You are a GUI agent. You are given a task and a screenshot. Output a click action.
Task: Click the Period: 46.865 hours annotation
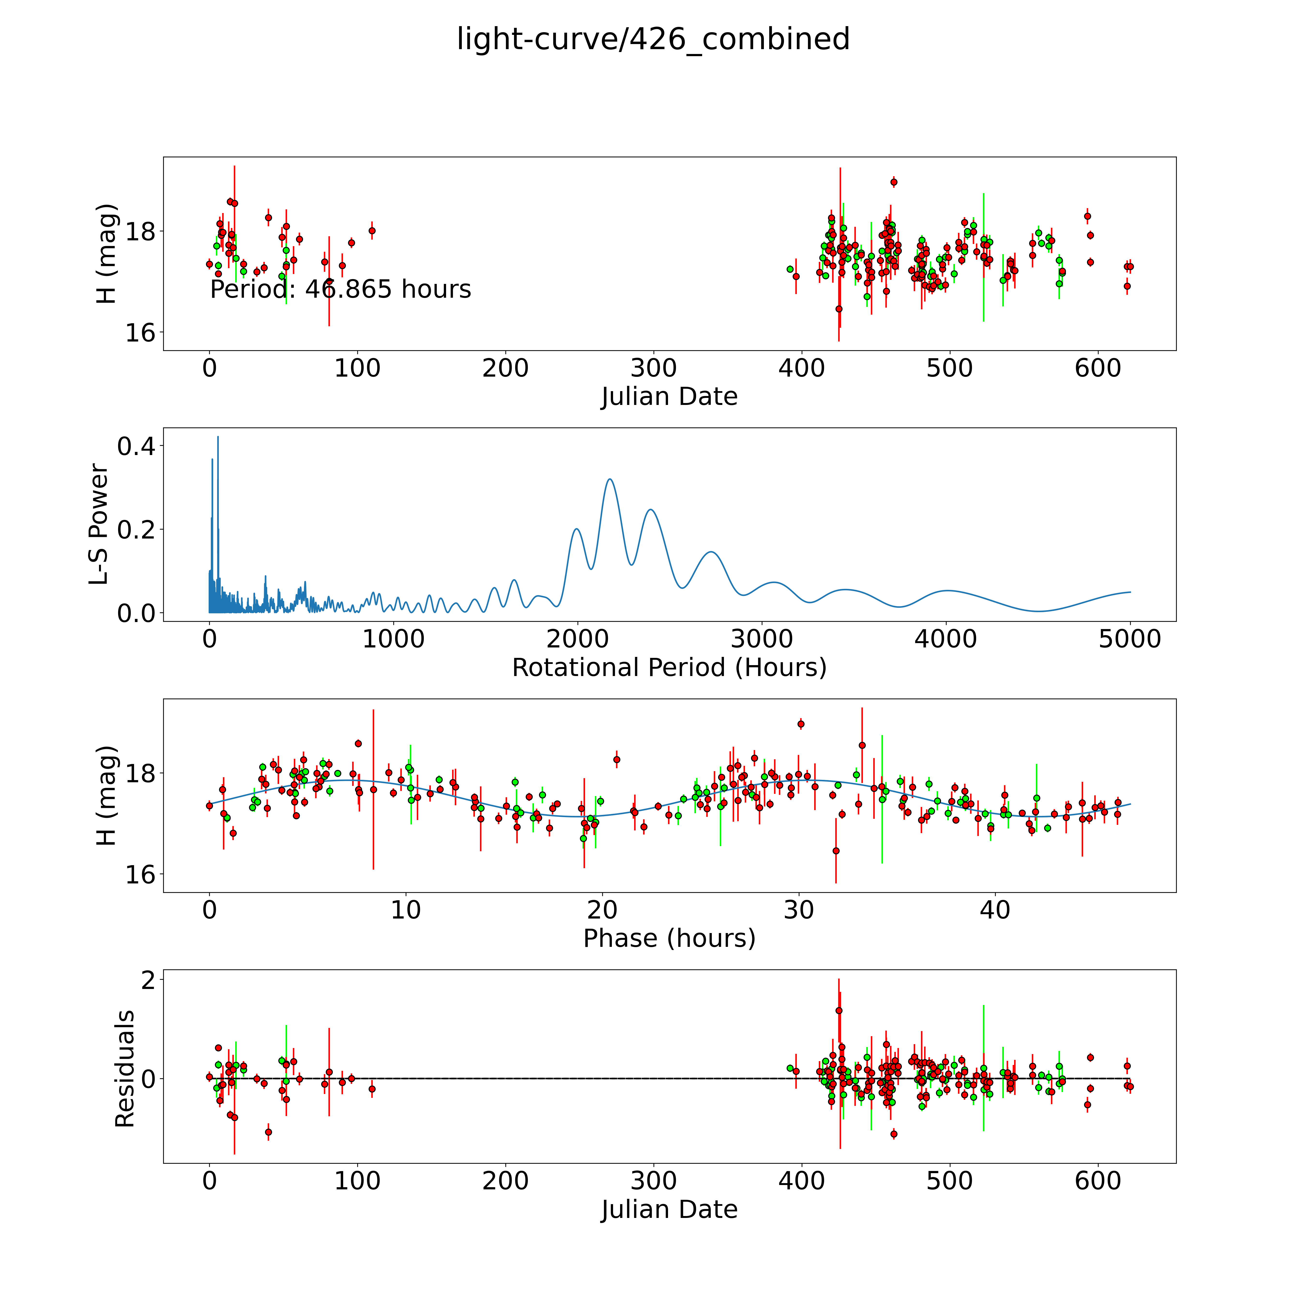coord(340,289)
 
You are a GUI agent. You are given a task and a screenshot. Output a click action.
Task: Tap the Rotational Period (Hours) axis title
coord(669,668)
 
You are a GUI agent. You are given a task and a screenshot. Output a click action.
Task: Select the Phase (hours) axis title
coord(669,938)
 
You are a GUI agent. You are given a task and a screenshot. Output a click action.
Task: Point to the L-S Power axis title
coord(99,524)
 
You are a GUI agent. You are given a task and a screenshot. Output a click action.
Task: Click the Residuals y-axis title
coord(124,1069)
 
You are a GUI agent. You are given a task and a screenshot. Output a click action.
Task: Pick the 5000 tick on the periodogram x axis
coord(1130,639)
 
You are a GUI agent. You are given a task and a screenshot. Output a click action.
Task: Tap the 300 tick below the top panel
coord(653,369)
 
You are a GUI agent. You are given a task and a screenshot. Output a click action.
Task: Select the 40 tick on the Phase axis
coord(995,911)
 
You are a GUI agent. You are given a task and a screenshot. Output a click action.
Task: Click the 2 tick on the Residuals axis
coord(147,980)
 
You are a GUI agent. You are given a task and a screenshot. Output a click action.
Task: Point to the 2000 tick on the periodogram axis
coord(578,639)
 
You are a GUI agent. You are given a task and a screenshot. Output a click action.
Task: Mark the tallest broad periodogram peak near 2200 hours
coord(609,480)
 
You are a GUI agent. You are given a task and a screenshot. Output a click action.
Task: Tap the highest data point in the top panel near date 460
coord(894,182)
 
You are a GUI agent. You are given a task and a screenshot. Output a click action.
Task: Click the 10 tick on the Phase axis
coord(406,911)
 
